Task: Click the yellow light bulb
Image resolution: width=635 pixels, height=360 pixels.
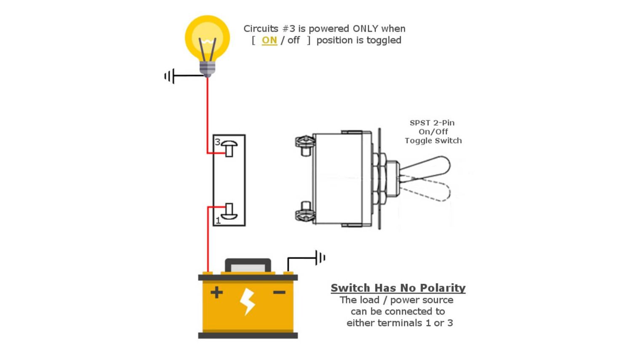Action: coord(207,38)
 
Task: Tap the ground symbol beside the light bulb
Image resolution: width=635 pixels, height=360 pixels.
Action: coord(170,76)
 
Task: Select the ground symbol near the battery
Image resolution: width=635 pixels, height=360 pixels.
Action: coord(320,257)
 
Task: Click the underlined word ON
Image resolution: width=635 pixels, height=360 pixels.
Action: coord(269,40)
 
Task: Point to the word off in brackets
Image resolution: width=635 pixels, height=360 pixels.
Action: coord(293,40)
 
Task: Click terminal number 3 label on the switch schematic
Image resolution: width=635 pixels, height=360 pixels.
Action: coord(217,142)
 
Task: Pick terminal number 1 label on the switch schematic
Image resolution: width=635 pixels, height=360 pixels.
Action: coord(218,221)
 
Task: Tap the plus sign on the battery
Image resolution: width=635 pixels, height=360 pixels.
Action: coord(216,292)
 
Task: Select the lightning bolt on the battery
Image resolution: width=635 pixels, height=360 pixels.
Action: coord(247,301)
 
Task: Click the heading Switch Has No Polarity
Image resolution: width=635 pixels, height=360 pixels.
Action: coord(398,288)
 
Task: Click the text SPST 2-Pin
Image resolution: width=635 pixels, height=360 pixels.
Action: coord(432,123)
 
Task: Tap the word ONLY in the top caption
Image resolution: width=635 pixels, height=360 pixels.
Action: coord(365,29)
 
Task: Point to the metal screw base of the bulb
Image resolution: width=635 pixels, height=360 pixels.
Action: coord(207,69)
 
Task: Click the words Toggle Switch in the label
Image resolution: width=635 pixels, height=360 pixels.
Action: coord(433,141)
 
